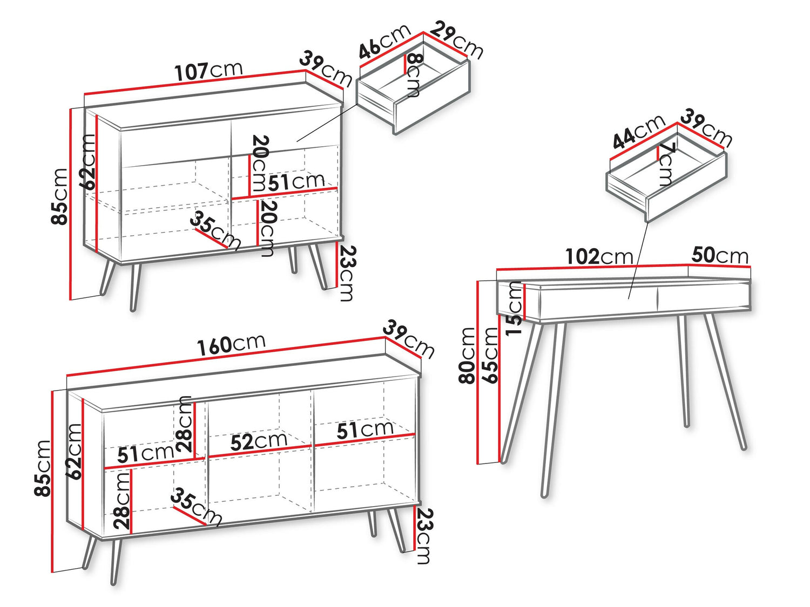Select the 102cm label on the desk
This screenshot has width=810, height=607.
point(599,256)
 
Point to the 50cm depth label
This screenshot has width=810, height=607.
point(720,255)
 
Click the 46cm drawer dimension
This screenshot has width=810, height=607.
point(385,42)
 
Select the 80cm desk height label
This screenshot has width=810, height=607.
point(467,355)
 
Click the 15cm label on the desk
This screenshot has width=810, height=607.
point(515,308)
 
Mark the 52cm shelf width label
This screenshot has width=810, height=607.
point(259,441)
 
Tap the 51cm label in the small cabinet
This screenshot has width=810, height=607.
point(296,182)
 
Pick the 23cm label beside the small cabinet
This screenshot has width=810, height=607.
point(347,274)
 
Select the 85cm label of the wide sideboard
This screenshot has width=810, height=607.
point(42,468)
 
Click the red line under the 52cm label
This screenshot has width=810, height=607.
point(260,451)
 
